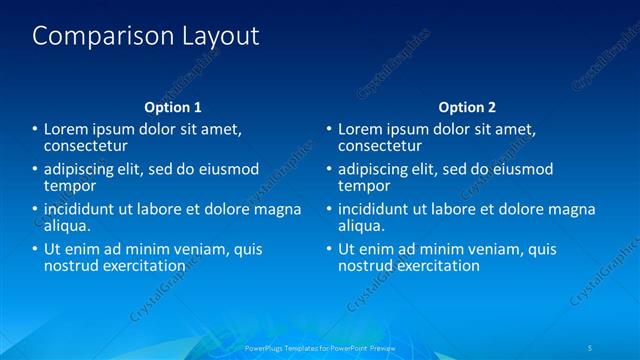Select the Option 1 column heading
coord(173,107)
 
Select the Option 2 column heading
coord(467,107)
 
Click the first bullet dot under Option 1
coord(35,129)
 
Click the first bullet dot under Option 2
coord(329,129)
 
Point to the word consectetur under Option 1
coord(87,146)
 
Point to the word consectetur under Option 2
coord(381,146)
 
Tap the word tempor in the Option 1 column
coord(70,186)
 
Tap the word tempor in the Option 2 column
coord(364,186)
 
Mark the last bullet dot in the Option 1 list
coord(35,249)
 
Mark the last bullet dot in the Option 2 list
coord(329,249)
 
